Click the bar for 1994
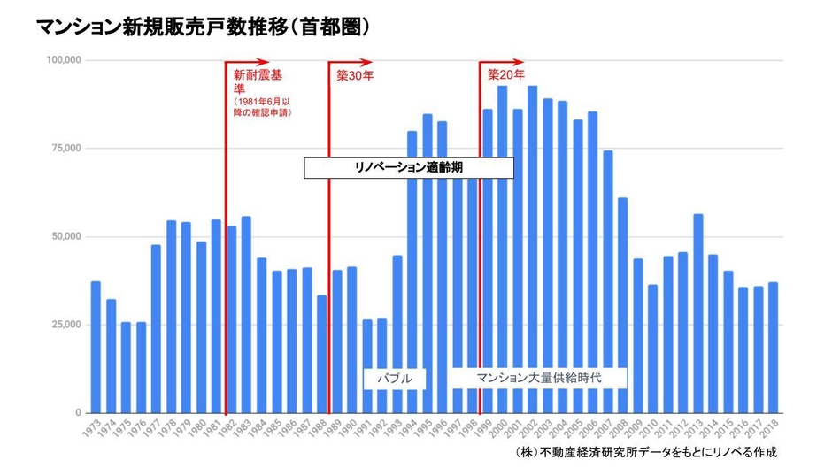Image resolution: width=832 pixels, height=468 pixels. [x=412, y=265]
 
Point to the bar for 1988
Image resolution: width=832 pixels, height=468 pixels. [x=322, y=354]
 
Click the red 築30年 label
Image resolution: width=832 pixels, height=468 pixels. [x=356, y=76]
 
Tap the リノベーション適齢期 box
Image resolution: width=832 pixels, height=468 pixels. [x=409, y=167]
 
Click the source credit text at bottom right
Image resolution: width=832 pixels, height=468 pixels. [x=645, y=452]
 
